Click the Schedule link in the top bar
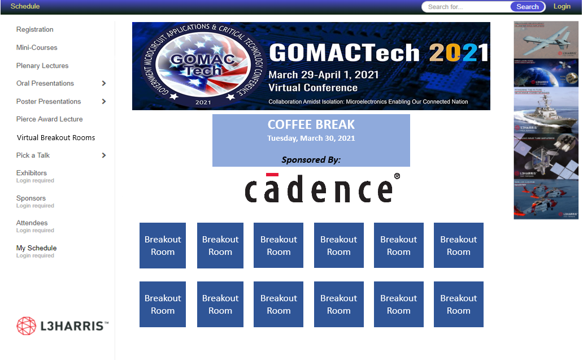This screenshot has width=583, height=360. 25,6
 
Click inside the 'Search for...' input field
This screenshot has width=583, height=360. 466,7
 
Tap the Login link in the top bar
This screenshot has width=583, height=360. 562,6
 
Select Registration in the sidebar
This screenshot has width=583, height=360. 34,29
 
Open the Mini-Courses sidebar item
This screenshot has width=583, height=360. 37,47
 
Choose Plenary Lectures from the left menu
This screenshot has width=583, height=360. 42,66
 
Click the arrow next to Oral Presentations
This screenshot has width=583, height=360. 104,83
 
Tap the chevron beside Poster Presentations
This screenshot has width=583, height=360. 104,101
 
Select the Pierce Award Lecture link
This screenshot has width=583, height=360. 49,119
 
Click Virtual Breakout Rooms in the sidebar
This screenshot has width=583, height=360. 56,137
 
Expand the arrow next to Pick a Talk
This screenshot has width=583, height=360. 104,155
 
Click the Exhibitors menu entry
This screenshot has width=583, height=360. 32,173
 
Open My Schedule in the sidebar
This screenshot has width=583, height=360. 36,248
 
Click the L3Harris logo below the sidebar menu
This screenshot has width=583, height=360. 62,326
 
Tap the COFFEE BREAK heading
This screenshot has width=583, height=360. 311,124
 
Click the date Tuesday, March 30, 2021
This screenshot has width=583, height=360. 311,138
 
